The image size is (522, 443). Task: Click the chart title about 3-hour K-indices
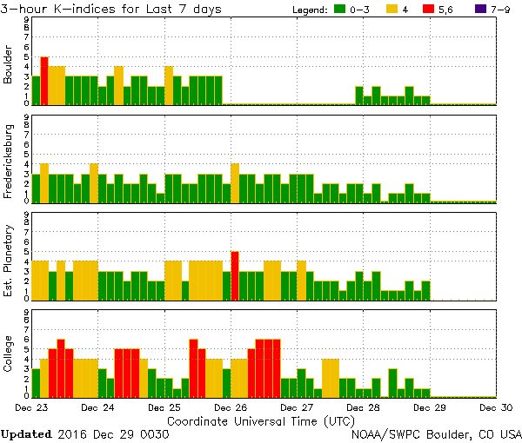111,9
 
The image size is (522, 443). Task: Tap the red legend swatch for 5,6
437,9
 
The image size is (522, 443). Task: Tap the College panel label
9,354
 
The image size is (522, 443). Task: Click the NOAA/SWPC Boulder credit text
435,433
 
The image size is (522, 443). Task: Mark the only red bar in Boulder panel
44,80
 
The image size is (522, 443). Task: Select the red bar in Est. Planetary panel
235,274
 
